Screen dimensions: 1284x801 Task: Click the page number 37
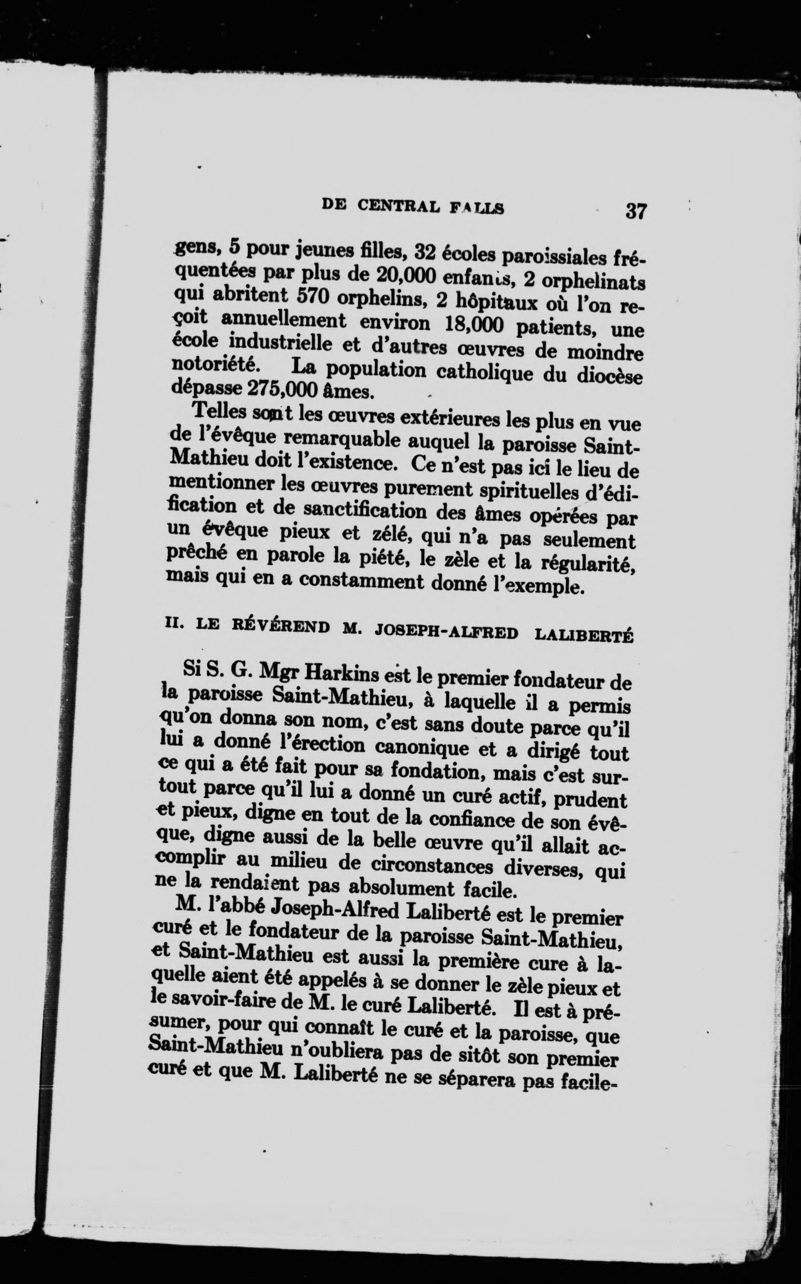click(x=636, y=211)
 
